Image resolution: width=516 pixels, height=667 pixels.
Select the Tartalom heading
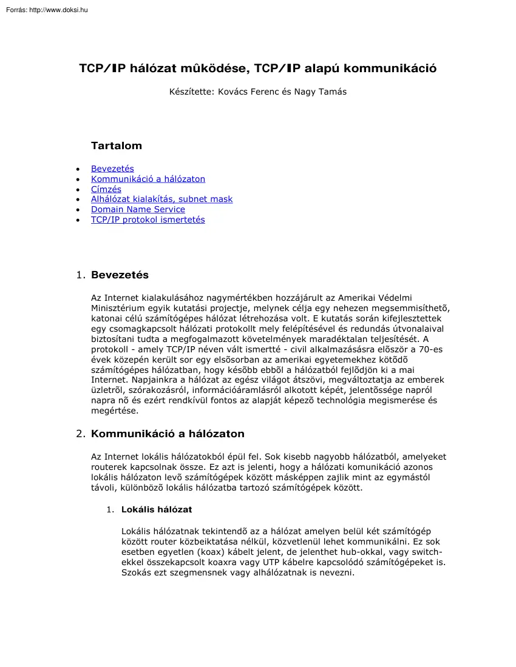117,146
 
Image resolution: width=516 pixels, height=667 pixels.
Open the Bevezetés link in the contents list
112,169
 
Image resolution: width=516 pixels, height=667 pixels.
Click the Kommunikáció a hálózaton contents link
148,179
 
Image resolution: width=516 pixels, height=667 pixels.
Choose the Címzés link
106,189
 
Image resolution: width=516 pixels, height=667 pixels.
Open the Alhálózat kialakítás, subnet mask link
161,199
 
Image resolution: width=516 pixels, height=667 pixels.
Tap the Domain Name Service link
138,209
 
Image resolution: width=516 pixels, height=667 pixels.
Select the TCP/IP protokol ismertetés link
148,220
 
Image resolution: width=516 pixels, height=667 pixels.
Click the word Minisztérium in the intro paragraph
118,307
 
